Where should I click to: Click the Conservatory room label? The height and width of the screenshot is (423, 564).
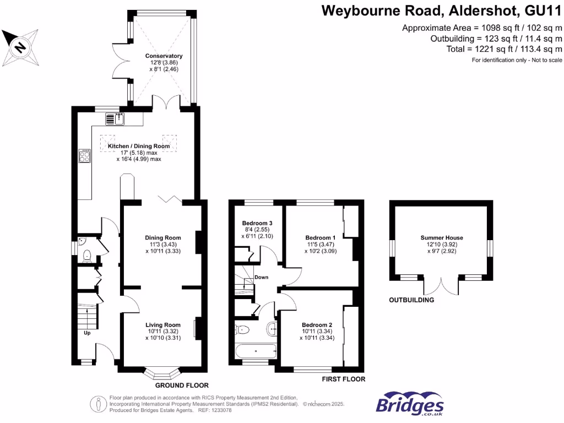coord(164,56)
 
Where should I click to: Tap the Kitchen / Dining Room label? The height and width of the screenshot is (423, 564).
coord(139,146)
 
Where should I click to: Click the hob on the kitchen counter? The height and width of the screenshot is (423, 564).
coord(85,156)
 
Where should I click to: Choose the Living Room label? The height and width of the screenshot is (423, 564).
coord(163,325)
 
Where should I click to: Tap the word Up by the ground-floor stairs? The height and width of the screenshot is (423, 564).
coord(87,333)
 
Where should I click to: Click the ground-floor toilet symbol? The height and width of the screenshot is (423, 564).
coord(85,256)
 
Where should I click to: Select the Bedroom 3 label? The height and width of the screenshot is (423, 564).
coord(258,223)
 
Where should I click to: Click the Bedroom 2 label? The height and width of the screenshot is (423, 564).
coord(317,325)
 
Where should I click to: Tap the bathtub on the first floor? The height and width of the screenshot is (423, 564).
coord(255,351)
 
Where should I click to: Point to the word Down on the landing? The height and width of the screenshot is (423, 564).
coord(262,277)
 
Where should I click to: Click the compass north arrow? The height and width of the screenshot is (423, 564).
coord(21,47)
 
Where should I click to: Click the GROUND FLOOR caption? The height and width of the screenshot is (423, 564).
coord(182,386)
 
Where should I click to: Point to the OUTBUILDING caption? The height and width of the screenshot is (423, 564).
coord(411,300)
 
